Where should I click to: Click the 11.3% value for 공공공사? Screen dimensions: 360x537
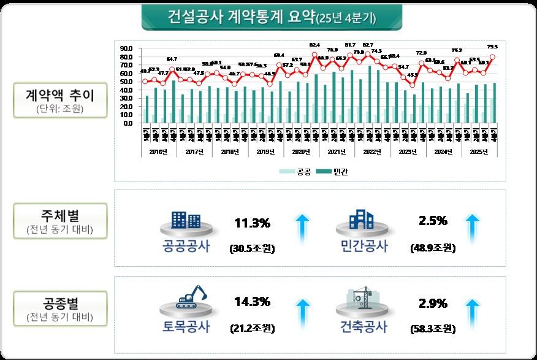(x=252, y=222)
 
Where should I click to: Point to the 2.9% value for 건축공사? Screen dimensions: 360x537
(x=433, y=302)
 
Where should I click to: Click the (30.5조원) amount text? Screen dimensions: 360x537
(x=252, y=249)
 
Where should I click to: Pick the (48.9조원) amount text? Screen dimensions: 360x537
(x=433, y=249)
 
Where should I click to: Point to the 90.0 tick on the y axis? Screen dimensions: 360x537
(x=128, y=48)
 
